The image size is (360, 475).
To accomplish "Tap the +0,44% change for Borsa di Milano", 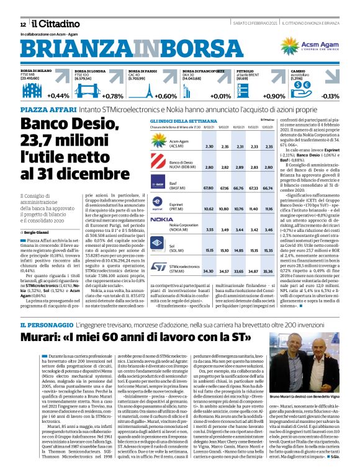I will tap(58, 96).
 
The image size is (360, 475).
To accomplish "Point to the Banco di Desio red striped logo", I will tap(158, 164).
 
